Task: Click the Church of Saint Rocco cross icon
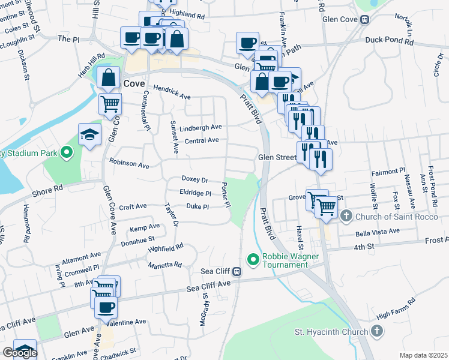(346, 215)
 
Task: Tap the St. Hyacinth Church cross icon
(376, 331)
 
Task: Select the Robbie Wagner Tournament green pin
(253, 260)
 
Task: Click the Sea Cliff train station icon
(237, 271)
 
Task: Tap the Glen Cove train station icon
(364, 19)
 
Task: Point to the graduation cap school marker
(89, 134)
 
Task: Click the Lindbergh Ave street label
(203, 127)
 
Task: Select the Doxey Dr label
(194, 179)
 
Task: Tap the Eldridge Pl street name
(196, 193)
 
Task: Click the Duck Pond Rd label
(390, 42)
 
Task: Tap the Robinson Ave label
(129, 163)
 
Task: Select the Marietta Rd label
(165, 265)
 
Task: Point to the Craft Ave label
(133, 206)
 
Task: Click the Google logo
(19, 353)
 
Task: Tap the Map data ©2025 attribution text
(423, 355)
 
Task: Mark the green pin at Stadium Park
(66, 153)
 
